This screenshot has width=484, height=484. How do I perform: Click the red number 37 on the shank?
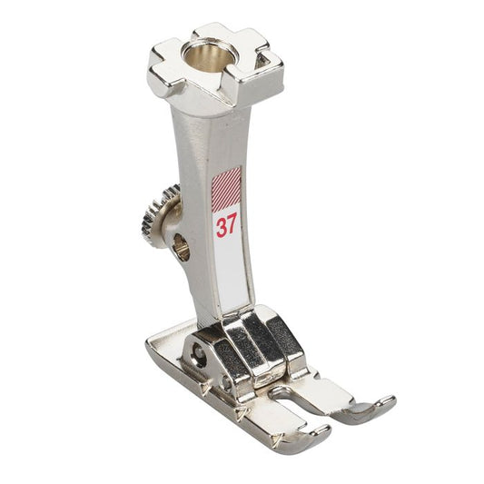click(226, 226)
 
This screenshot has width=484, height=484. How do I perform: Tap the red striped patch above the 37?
click(226, 189)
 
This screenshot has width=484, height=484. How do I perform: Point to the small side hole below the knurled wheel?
click(181, 246)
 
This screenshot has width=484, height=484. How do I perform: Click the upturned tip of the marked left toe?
click(307, 440)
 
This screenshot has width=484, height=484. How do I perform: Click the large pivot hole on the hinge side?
click(194, 350)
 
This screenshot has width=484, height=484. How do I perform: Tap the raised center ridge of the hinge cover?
click(257, 345)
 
